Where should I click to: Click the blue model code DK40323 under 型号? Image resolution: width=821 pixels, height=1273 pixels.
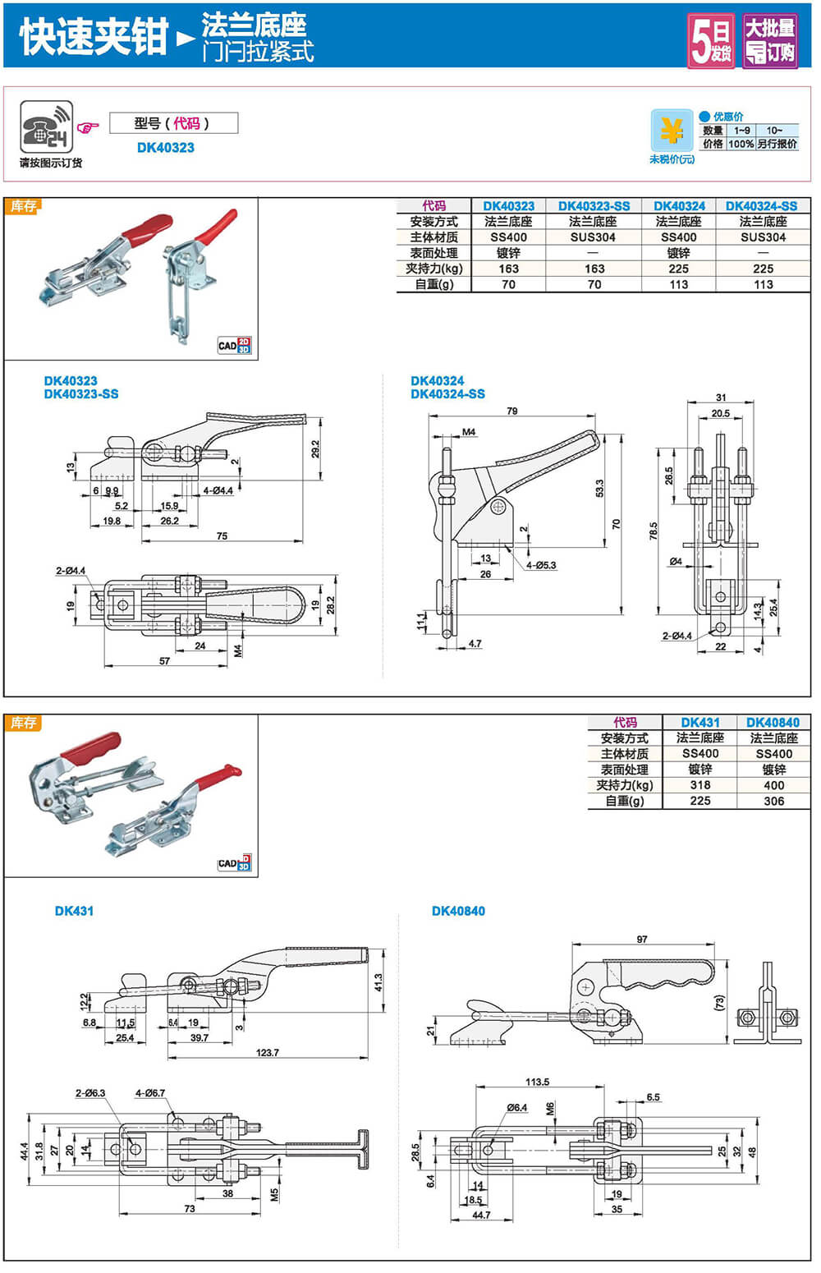tap(166, 148)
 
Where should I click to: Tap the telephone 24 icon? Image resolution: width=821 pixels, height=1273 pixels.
tap(46, 126)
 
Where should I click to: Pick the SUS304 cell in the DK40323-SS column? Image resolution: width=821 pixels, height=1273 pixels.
tap(593, 237)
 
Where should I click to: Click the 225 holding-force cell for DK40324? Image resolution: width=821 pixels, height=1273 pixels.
tap(678, 269)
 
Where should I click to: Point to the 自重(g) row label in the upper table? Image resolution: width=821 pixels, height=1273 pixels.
tap(433, 284)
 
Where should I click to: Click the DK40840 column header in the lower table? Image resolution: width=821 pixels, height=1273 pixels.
tap(773, 723)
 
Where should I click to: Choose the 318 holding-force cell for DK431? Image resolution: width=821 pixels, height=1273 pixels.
tap(700, 785)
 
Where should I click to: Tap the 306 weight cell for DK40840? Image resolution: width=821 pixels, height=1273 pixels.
tap(773, 801)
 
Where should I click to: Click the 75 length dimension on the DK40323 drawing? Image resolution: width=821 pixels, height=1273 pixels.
tap(222, 535)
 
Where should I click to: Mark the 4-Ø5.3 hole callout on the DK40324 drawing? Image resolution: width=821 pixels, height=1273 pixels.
tap(541, 565)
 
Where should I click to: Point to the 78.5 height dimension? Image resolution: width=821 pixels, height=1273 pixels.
tap(654, 530)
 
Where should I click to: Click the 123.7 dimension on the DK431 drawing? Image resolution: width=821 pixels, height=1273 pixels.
tap(267, 1052)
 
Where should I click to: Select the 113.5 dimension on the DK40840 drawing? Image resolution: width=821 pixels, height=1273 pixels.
tap(537, 1082)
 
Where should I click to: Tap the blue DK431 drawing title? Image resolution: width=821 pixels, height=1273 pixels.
tap(74, 911)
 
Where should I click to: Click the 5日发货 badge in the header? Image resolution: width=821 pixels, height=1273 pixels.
tap(711, 40)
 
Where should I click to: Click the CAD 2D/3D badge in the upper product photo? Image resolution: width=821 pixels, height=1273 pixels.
tap(234, 346)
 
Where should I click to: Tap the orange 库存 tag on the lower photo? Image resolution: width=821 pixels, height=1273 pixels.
tap(23, 723)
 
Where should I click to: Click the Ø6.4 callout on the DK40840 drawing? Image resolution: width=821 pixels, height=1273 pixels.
tap(517, 1108)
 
